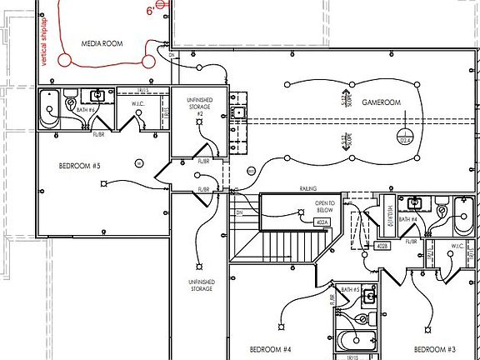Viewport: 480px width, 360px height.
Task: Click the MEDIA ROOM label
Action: (102, 42)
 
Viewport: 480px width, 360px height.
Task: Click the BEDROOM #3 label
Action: (435, 348)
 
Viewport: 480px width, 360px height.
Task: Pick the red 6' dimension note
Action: (150, 11)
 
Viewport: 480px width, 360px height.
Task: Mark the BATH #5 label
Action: (349, 290)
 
